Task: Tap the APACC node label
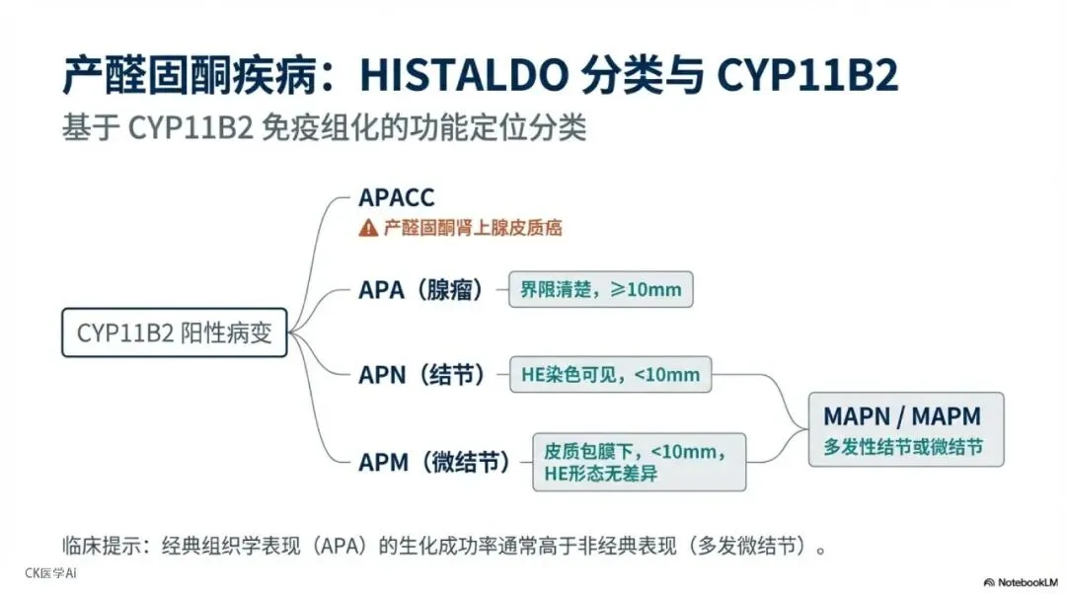coord(396,197)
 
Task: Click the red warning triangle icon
coord(368,228)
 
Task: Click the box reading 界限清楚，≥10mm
coord(601,289)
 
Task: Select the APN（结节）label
coord(422,375)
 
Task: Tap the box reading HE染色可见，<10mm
coord(610,374)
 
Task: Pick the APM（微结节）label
coord(434,461)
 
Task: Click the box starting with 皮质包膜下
coord(639,462)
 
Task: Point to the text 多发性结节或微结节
coord(903,447)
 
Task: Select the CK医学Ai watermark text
coord(50,572)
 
